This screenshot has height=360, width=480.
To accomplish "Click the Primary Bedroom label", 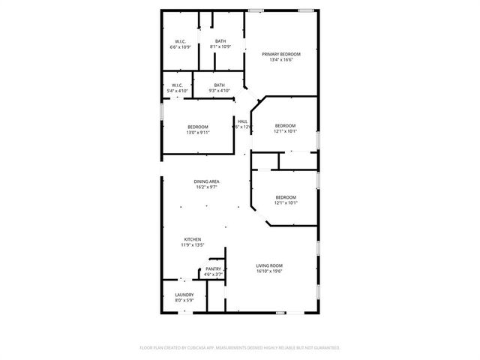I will tap(281, 54).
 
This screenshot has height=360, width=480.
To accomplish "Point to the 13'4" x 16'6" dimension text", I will tap(281, 60).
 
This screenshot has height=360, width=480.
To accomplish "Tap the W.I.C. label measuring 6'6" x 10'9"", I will tap(180, 41).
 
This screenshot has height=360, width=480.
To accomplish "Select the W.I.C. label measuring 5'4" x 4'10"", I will tap(177, 85).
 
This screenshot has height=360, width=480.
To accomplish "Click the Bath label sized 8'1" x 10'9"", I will tap(220, 41).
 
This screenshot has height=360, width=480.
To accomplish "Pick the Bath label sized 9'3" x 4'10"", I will tap(219, 85).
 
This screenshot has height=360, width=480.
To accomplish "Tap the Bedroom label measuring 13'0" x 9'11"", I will tap(198, 127).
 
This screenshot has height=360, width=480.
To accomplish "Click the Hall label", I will tap(242, 121).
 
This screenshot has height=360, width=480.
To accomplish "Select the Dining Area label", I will tap(206, 181).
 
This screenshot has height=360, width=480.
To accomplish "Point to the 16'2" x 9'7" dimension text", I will tap(206, 187).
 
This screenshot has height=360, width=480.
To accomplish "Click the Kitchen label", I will tap(193, 239).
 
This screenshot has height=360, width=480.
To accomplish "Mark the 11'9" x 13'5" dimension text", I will tap(193, 245).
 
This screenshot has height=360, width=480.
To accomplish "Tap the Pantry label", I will tap(214, 268).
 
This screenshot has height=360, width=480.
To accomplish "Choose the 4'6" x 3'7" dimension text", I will tap(214, 274).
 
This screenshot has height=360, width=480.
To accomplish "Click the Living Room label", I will tap(269, 265).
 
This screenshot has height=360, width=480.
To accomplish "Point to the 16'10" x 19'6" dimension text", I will tap(269, 271).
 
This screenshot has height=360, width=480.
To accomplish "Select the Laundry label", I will tap(184, 295).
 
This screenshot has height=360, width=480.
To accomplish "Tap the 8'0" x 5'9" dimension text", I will tap(184, 301).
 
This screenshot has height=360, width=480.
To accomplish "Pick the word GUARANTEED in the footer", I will tap(324, 348).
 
